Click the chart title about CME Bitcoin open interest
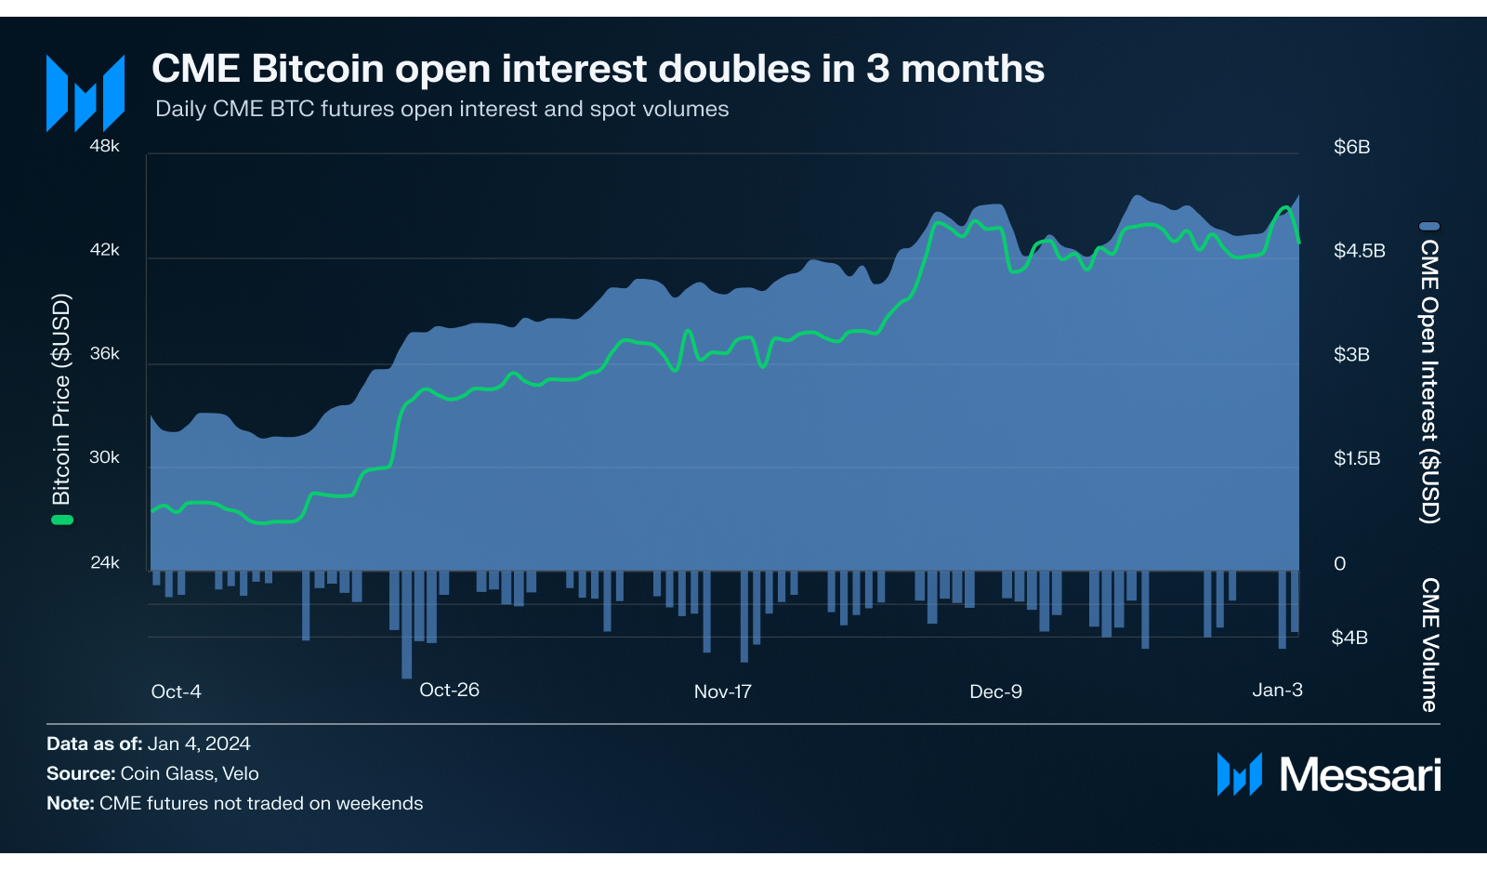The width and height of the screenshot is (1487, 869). [x=598, y=70]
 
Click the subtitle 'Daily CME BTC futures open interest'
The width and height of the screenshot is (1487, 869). [x=441, y=109]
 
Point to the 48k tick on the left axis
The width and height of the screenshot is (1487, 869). [x=105, y=146]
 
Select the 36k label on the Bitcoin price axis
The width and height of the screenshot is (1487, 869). [x=105, y=354]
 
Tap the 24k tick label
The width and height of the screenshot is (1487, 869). [x=105, y=562]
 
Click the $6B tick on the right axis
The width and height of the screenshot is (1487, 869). [x=1351, y=147]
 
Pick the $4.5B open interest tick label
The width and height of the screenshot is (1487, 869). [x=1359, y=251]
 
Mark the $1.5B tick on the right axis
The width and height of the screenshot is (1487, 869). [x=1357, y=458]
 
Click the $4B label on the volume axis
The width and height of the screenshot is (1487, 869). [x=1349, y=638]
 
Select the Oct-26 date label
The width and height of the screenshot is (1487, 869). [x=449, y=690]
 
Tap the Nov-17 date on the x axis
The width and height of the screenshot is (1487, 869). [x=722, y=691]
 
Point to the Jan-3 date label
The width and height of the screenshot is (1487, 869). [x=1277, y=690]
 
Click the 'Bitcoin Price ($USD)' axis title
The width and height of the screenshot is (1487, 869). [x=61, y=400]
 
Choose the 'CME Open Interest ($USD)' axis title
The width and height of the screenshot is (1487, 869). [x=1429, y=381]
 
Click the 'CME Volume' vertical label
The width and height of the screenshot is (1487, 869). [x=1429, y=645]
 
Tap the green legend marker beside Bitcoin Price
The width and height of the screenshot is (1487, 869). [x=61, y=520]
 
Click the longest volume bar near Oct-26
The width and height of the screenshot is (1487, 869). [x=406, y=625]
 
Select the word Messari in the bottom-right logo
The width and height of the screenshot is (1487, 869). [x=1360, y=774]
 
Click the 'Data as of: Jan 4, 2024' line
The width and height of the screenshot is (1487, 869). [x=149, y=744]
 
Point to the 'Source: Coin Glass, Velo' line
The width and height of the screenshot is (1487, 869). [x=152, y=773]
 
